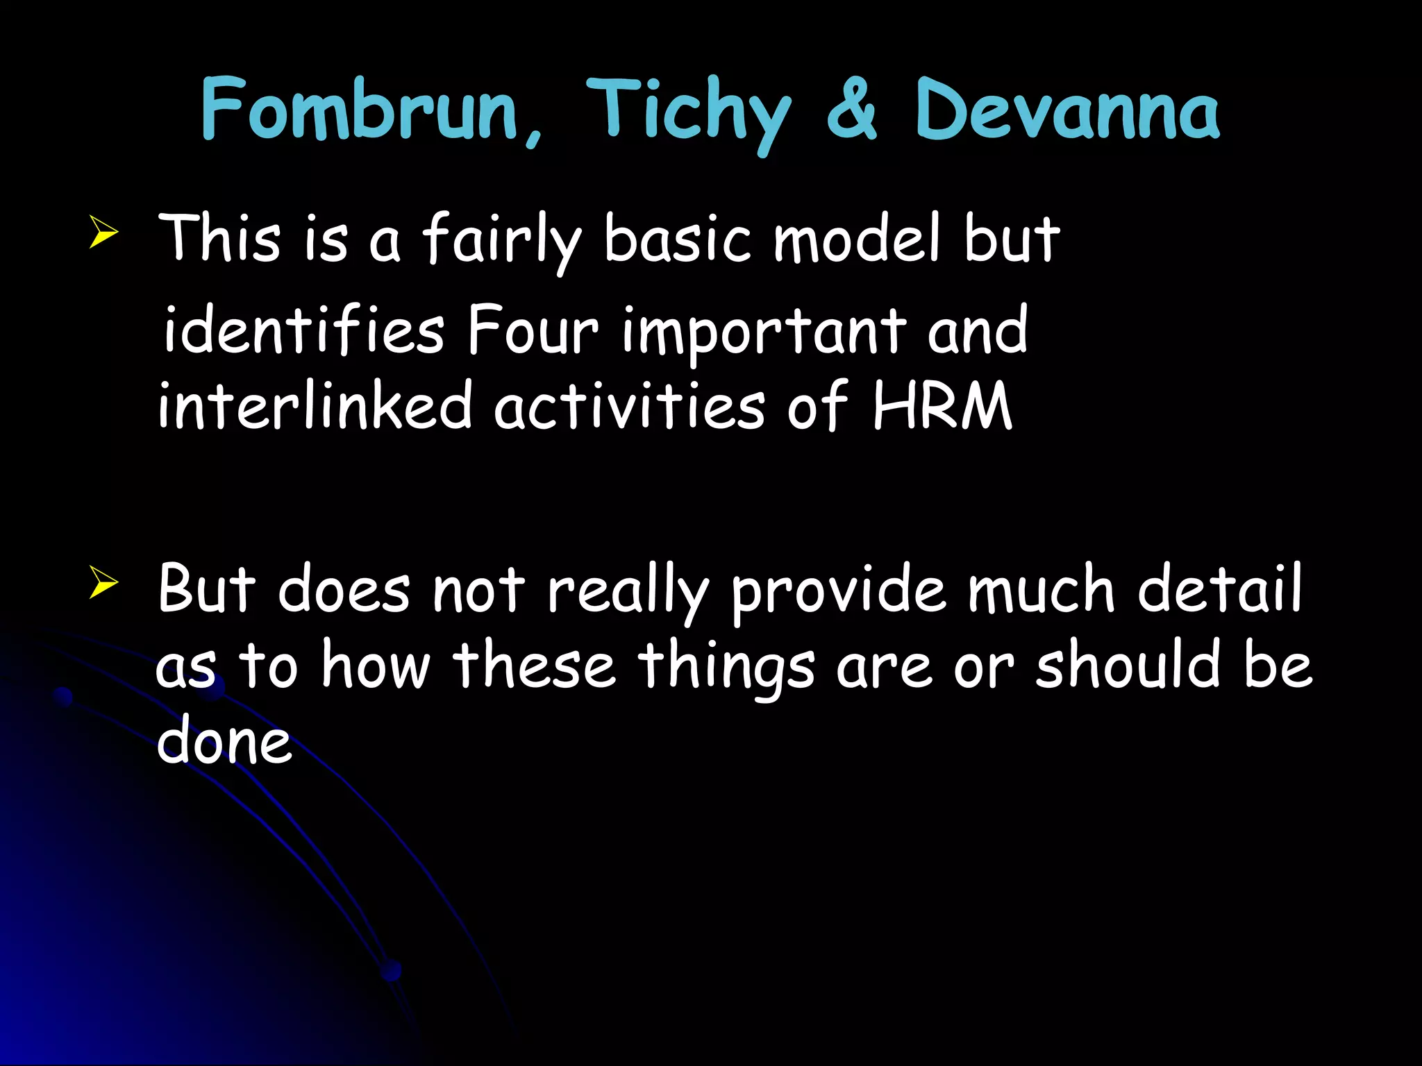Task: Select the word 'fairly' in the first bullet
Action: point(501,239)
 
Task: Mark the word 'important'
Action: point(764,332)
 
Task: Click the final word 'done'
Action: point(224,741)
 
